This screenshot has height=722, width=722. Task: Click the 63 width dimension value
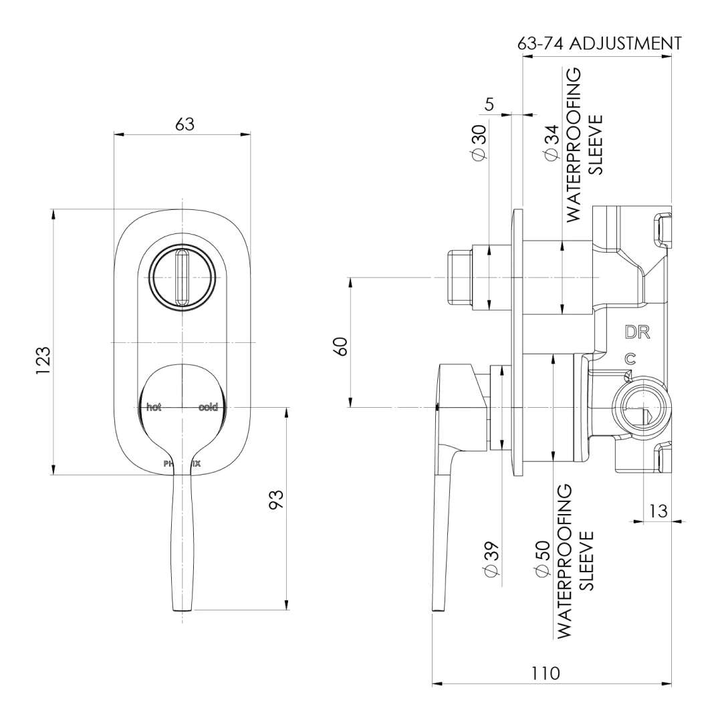pos(185,124)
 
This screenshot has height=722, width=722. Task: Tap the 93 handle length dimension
pos(276,499)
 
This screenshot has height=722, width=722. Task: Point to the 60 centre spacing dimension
pos(340,348)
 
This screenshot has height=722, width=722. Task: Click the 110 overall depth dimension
pos(546,673)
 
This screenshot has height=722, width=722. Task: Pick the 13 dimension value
pos(658,511)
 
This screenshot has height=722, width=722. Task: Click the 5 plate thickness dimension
pos(489,105)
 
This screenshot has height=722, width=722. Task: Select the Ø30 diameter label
pos(478,142)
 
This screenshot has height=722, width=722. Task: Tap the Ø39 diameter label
pos(490,560)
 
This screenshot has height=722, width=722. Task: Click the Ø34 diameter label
pos(552,142)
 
